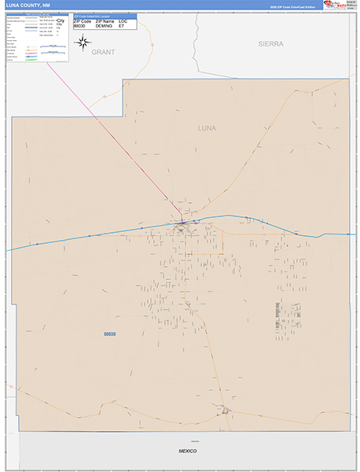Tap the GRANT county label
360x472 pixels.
click(x=103, y=52)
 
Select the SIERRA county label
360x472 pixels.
click(x=269, y=44)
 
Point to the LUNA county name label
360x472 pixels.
click(x=207, y=127)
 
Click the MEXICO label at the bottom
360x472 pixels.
click(x=186, y=452)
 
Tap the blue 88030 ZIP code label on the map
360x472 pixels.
click(x=110, y=334)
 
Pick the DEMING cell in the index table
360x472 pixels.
click(x=104, y=26)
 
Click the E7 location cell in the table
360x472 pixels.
click(x=122, y=26)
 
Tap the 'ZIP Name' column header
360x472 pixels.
click(x=105, y=20)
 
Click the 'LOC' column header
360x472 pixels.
click(x=123, y=20)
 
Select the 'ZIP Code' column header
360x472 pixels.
click(x=83, y=20)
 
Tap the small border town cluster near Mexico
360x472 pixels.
click(x=226, y=409)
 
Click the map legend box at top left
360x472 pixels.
click(x=36, y=38)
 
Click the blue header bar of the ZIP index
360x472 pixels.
click(x=104, y=15)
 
